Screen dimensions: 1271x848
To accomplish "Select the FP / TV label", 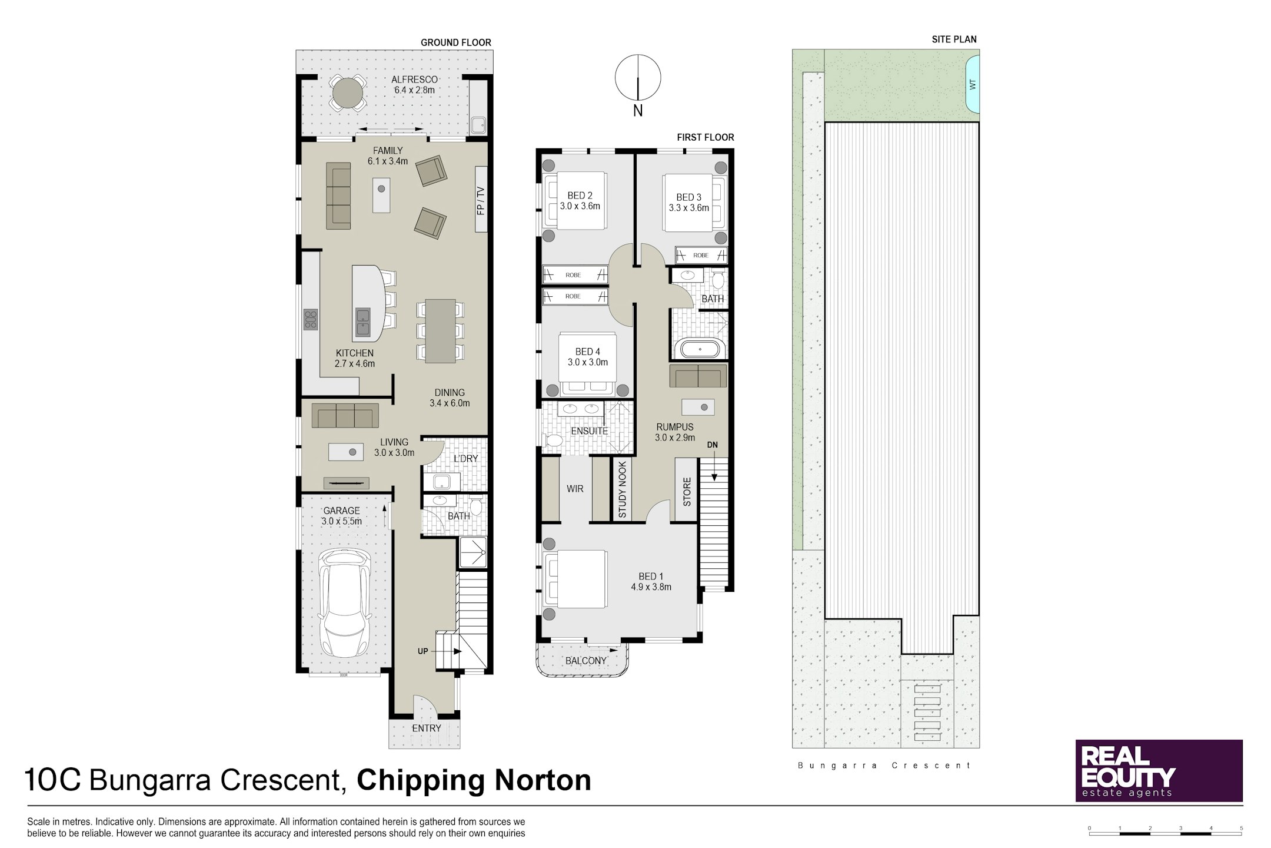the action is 481,200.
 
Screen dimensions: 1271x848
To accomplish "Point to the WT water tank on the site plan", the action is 973,84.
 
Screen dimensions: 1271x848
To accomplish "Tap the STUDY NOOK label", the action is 623,489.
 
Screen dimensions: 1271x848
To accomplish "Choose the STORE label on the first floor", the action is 687,492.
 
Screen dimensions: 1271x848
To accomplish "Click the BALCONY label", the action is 585,661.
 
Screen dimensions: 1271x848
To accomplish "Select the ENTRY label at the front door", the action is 426,728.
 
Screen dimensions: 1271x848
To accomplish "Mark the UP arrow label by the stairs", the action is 422,651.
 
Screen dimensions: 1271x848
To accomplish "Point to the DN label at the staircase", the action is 713,445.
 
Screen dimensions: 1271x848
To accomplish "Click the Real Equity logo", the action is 1159,770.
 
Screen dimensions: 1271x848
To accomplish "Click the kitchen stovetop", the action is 310,320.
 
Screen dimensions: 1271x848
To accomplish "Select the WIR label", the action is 575,489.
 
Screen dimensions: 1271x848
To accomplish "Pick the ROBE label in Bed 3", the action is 701,256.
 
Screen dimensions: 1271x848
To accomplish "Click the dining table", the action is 440,331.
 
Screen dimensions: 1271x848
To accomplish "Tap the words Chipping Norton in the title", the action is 474,780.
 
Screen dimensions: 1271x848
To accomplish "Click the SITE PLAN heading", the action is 954,39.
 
